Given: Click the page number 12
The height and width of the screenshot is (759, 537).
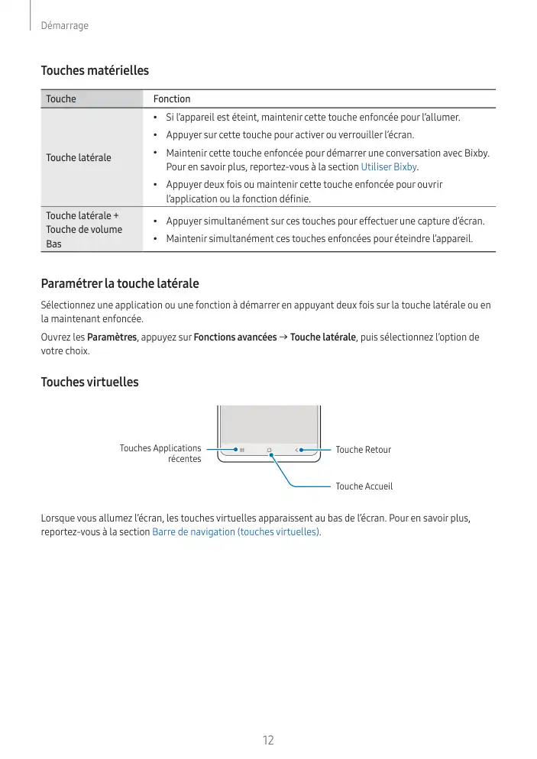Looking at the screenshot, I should pyautogui.click(x=268, y=740).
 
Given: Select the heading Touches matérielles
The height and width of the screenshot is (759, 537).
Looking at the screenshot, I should pyautogui.click(x=95, y=71).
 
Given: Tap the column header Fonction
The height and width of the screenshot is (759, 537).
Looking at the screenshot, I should pyautogui.click(x=172, y=99).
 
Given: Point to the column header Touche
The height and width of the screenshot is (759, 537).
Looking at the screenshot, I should pyautogui.click(x=61, y=99).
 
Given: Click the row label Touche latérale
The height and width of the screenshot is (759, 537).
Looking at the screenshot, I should pyautogui.click(x=79, y=157).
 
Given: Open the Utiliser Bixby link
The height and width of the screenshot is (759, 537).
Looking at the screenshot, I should pyautogui.click(x=389, y=167).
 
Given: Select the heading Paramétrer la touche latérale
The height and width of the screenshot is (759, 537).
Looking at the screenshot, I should pyautogui.click(x=120, y=284).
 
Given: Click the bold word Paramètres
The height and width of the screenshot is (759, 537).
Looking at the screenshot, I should pyautogui.click(x=112, y=338).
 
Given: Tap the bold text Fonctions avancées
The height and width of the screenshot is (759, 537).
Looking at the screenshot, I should pyautogui.click(x=235, y=338).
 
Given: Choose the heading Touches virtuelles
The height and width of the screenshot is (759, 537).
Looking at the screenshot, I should pyautogui.click(x=89, y=382).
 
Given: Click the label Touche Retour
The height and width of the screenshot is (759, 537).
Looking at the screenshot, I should pyautogui.click(x=363, y=450).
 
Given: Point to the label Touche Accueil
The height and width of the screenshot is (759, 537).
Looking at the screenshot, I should pyautogui.click(x=364, y=486).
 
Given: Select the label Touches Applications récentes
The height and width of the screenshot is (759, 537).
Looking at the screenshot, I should pyautogui.click(x=160, y=454).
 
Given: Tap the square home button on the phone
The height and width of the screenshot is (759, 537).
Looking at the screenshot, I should pyautogui.click(x=270, y=451).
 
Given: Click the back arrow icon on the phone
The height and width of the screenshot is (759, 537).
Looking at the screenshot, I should pyautogui.click(x=296, y=451).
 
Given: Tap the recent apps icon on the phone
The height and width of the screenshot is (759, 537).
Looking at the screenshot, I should pyautogui.click(x=242, y=451).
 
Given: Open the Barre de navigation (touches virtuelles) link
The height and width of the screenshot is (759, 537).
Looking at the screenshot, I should pyautogui.click(x=237, y=532).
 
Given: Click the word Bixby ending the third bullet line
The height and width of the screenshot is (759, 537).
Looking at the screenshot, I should pyautogui.click(x=476, y=153).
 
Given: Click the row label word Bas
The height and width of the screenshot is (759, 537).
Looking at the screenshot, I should pyautogui.click(x=53, y=244).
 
